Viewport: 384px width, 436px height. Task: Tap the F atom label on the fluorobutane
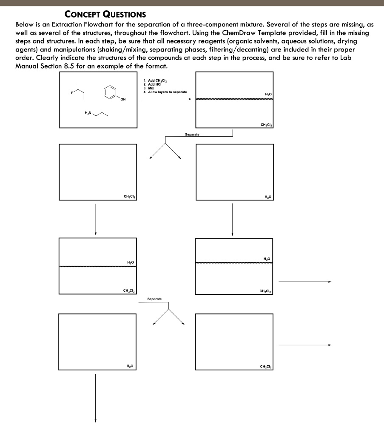(72, 92)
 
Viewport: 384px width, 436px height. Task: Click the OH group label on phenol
(123, 100)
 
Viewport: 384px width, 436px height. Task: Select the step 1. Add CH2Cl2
(156, 80)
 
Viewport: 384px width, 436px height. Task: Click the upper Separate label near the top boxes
(192, 134)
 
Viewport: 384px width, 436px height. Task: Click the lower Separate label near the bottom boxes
(154, 299)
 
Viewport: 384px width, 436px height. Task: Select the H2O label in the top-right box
(268, 94)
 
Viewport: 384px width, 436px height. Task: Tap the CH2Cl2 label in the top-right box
(267, 124)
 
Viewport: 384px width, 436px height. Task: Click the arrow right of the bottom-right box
(304, 345)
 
